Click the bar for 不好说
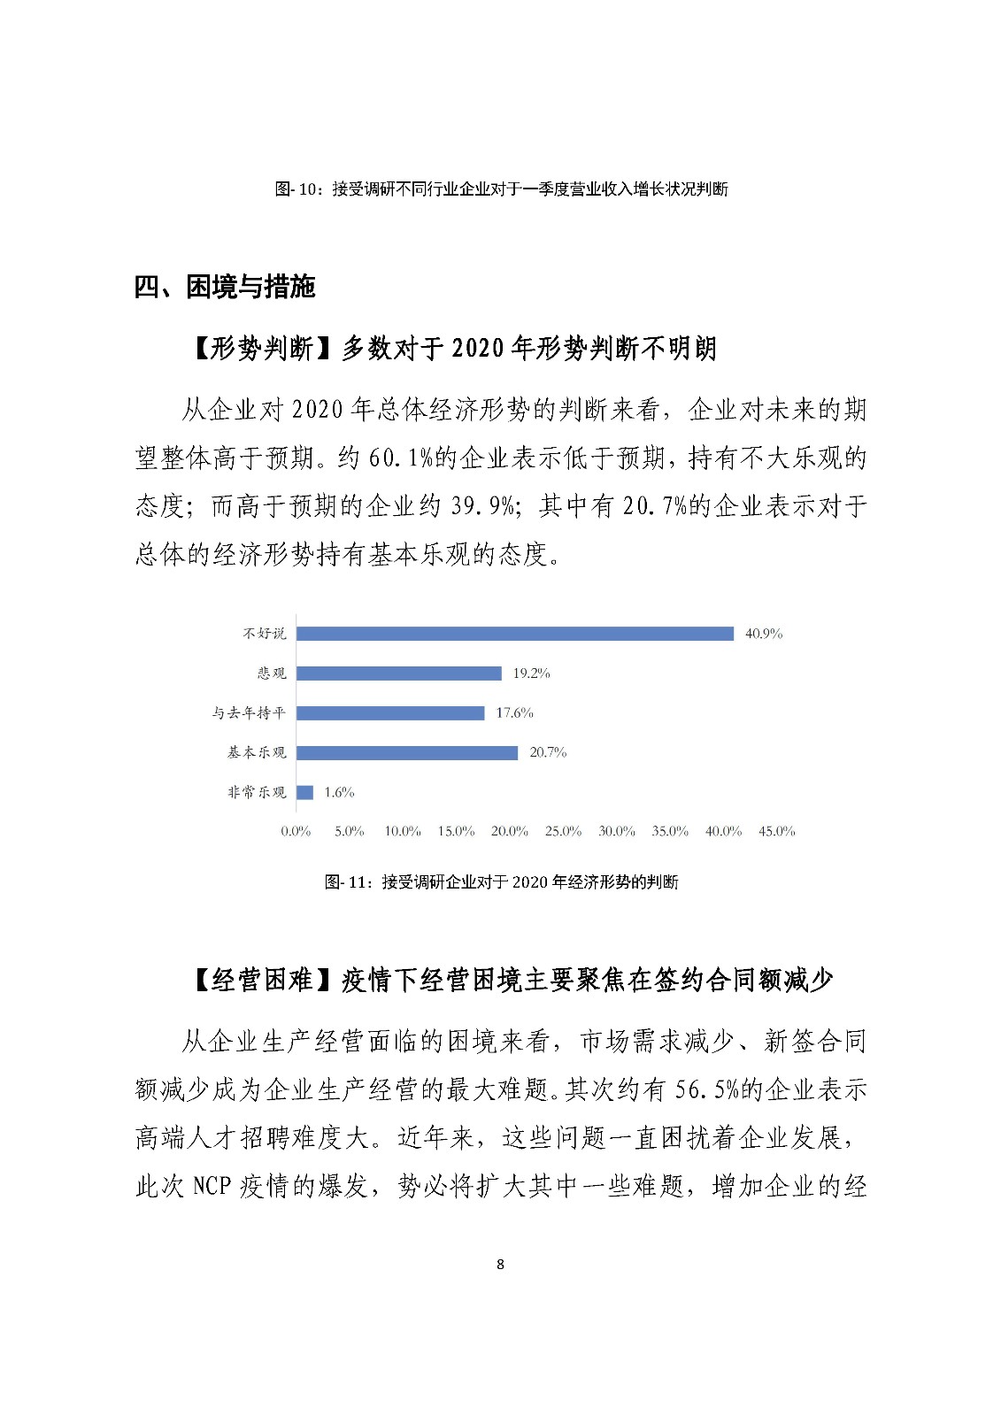[515, 634]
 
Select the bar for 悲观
[399, 673]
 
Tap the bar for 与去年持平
[390, 713]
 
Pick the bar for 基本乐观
[407, 753]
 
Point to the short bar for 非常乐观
[304, 793]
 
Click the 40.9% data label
[764, 634]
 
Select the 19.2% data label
[531, 673]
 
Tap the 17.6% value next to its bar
[514, 713]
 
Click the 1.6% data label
[339, 793]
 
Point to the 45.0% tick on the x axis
[776, 832]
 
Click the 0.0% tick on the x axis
[296, 832]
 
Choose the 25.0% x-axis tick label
[563, 832]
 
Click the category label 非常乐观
[257, 793]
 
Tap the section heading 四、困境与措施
[225, 288]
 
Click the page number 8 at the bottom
[500, 1265]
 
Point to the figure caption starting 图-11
[501, 882]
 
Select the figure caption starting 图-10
[501, 189]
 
